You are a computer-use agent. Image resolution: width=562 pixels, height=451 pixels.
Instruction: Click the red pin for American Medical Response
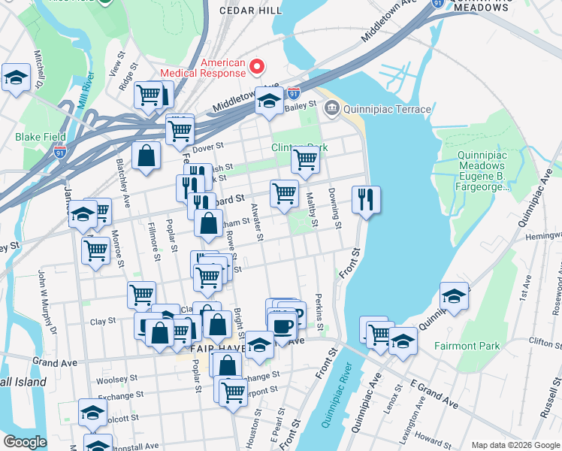(x=256, y=68)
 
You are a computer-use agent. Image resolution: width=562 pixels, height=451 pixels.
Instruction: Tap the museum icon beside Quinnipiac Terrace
(x=331, y=110)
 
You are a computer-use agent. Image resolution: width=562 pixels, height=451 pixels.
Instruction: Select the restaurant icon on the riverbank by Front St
(x=366, y=200)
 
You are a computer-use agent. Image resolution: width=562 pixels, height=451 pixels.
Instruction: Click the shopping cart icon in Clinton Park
(x=305, y=160)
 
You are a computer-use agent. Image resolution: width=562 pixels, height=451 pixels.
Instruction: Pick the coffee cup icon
(x=283, y=327)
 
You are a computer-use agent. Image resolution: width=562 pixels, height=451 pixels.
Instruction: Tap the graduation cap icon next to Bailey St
(x=268, y=101)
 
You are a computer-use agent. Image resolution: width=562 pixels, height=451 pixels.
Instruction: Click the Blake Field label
(x=40, y=138)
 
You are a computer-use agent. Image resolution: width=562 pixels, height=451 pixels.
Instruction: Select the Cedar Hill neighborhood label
(x=251, y=11)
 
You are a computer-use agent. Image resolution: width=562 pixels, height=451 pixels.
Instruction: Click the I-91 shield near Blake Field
(x=62, y=150)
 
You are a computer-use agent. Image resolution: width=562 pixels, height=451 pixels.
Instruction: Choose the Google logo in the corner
(x=24, y=442)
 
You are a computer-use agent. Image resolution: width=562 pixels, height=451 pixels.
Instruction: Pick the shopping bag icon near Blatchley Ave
(x=147, y=156)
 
